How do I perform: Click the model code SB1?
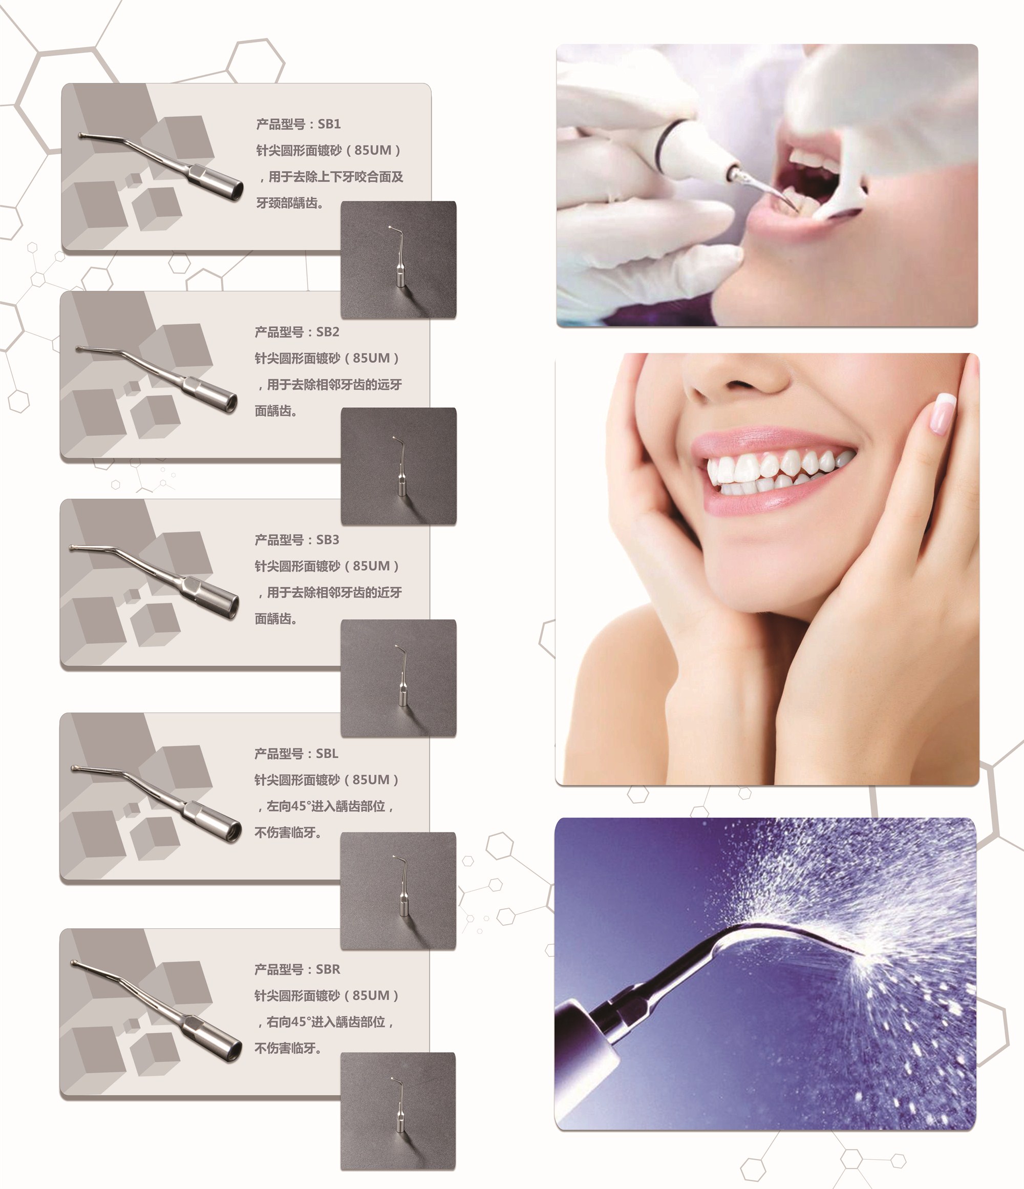coord(329,124)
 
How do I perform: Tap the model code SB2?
coord(328,331)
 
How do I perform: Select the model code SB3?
coord(328,539)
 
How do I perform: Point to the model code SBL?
coord(327,754)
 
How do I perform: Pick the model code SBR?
coord(328,969)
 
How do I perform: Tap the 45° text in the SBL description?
coord(300,806)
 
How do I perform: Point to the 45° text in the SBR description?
coord(300,1022)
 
